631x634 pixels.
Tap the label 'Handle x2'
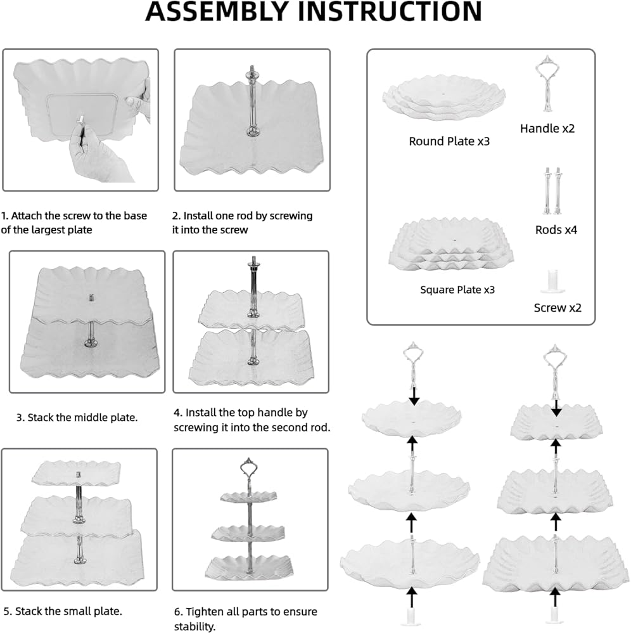547,128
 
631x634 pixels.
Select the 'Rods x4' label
556,230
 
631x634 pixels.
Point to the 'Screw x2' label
557,308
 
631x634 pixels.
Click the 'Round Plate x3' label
449,141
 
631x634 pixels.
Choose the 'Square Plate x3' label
457,290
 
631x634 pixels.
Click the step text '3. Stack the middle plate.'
77,418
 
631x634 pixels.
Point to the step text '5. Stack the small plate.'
62,611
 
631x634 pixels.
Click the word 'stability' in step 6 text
194,627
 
